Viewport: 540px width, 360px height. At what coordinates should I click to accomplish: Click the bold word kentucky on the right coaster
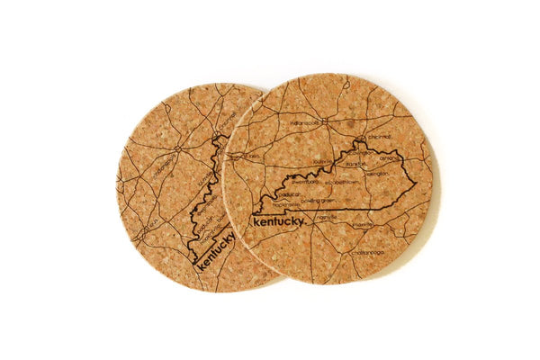click(x=279, y=220)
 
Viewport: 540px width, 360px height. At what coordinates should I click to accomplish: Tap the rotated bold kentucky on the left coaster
click(x=216, y=247)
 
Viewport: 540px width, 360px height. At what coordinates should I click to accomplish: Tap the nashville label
click(x=326, y=216)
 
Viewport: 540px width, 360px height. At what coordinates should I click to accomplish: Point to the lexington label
click(x=376, y=173)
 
